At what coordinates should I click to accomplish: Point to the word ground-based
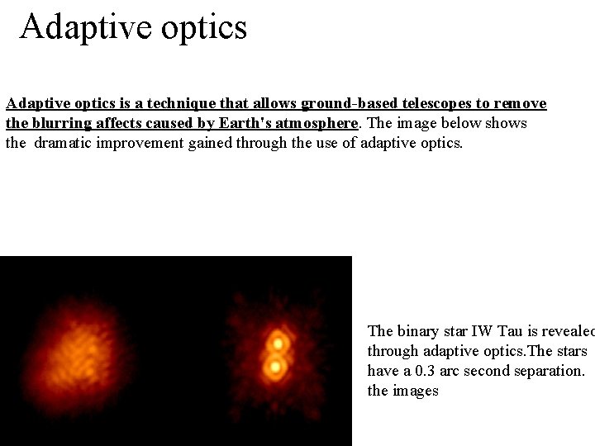tap(349, 104)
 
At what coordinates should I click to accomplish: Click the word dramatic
tap(65, 142)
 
